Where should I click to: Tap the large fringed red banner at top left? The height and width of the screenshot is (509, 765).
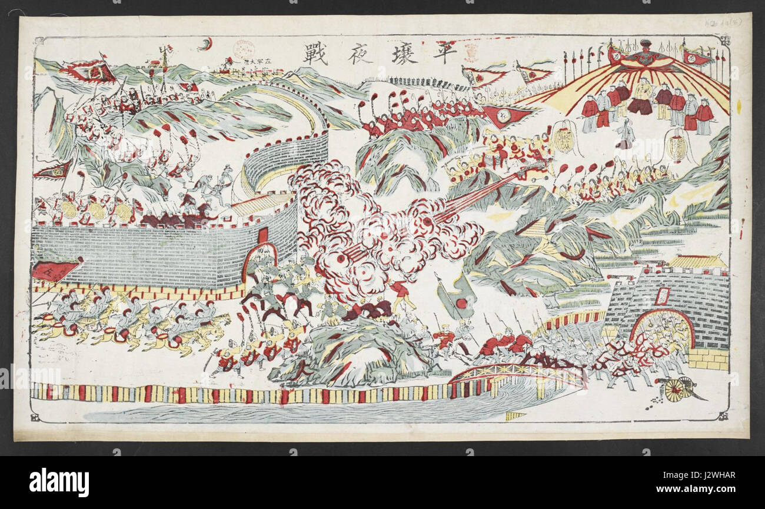click(x=91, y=71)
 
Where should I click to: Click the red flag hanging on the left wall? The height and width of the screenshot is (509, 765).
click(x=54, y=271)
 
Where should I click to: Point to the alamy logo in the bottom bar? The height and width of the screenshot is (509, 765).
click(x=59, y=482)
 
